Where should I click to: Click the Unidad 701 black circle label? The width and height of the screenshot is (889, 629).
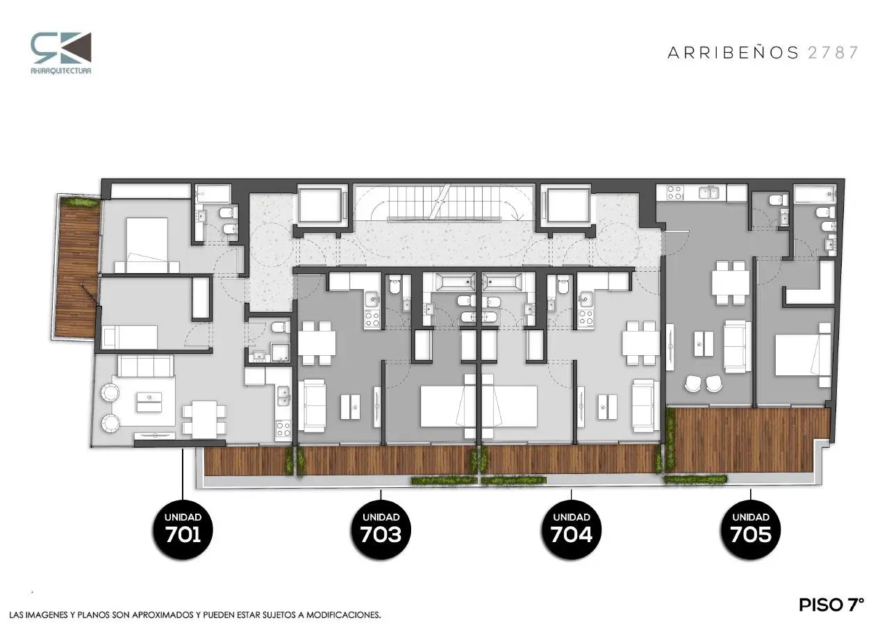183,530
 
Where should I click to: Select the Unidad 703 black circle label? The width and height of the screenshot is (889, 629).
381,530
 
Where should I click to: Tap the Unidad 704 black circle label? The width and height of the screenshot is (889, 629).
571,530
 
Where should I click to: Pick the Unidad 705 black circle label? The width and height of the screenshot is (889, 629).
751,530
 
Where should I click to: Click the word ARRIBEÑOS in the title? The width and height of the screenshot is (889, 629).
733,52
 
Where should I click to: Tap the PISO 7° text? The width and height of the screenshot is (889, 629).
831,605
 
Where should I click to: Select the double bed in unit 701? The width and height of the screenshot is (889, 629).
147,245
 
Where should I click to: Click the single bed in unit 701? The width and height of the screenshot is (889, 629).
130,337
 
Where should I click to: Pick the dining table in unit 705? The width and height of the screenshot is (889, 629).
730,282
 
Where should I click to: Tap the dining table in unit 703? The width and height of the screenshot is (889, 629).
317,343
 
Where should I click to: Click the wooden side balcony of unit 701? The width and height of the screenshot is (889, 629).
76,269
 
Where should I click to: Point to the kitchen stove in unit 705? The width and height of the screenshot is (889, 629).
676,193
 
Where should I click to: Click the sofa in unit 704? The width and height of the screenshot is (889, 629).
643,405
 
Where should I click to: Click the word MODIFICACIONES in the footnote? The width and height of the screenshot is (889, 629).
343,615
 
